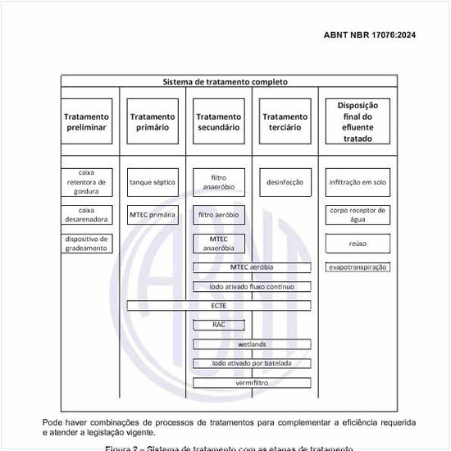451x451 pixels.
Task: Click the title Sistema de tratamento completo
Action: click(x=225, y=82)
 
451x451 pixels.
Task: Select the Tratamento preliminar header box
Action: click(x=86, y=122)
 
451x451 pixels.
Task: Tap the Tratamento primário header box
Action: click(x=153, y=122)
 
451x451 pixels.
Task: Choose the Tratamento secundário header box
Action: click(x=218, y=122)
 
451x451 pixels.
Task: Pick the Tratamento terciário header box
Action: click(x=285, y=122)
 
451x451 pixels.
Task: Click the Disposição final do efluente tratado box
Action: click(x=358, y=122)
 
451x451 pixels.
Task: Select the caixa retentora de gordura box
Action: click(x=86, y=182)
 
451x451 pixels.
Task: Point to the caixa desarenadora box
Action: click(x=86, y=215)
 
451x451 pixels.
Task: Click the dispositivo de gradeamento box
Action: click(x=86, y=244)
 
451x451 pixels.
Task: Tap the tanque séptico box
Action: click(x=153, y=182)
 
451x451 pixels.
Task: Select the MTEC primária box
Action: click(x=153, y=215)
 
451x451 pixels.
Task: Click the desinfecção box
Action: click(x=285, y=182)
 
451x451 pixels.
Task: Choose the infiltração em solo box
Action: click(x=358, y=182)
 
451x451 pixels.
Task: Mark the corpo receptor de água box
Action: click(x=358, y=215)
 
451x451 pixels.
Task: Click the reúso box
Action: click(x=358, y=244)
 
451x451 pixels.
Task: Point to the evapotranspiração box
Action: click(x=358, y=267)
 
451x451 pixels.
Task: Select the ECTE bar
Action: click(x=219, y=306)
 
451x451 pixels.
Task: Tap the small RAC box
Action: click(x=218, y=325)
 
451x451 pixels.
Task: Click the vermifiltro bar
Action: click(x=252, y=383)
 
